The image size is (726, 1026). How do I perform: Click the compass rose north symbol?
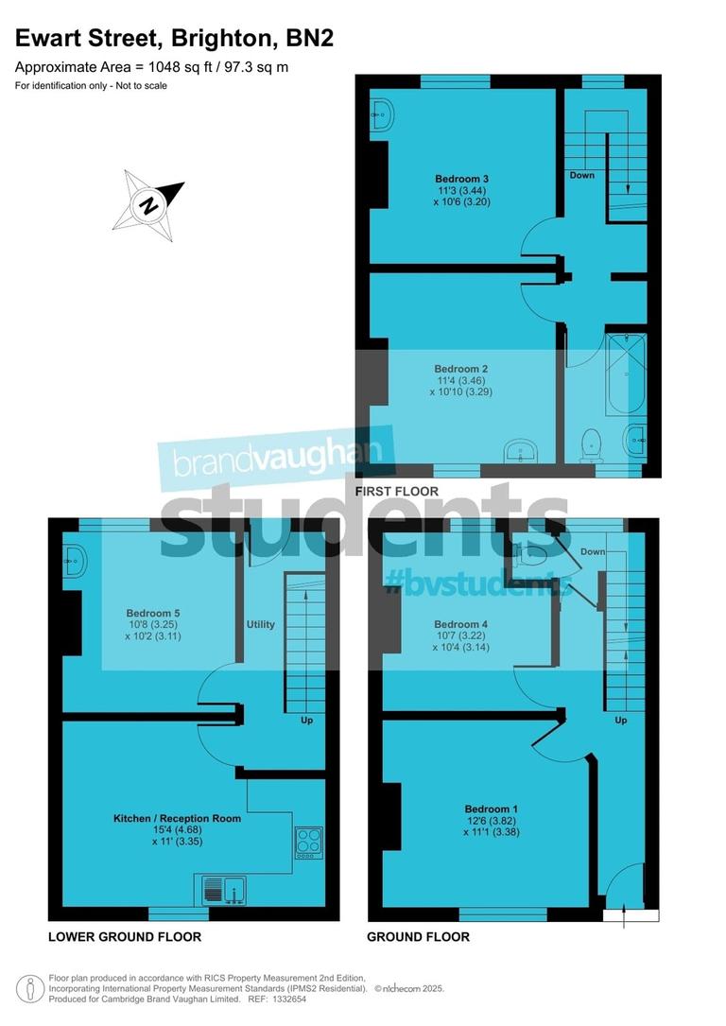(147, 203)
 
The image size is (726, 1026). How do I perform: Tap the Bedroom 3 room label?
(462, 179)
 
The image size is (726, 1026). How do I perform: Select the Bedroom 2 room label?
(460, 369)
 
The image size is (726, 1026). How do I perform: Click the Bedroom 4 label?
(460, 624)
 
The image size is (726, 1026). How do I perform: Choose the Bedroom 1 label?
(491, 809)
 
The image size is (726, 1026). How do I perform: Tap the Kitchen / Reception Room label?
(177, 818)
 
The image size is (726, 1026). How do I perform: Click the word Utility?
(260, 625)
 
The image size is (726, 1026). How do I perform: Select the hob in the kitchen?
(309, 843)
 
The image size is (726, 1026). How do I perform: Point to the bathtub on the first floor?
(626, 374)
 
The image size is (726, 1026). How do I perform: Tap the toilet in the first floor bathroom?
(593, 443)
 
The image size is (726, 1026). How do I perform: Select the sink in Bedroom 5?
(76, 561)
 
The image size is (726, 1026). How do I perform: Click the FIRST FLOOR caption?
(396, 492)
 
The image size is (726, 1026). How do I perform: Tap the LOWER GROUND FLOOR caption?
(125, 937)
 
